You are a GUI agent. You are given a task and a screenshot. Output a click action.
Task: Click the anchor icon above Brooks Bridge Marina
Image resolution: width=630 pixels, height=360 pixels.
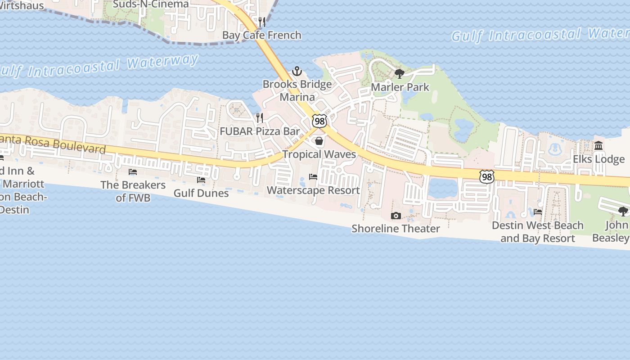pos(297,71)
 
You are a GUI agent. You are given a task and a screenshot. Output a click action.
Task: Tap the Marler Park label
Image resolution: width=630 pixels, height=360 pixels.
pos(400,87)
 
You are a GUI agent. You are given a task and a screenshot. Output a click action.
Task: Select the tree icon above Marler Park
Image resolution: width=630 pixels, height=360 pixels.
pos(399,74)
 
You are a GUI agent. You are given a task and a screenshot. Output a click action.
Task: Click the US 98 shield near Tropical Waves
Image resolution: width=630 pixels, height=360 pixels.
pos(319,121)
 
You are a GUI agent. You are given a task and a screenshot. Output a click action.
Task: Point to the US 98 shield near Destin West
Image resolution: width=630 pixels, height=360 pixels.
pos(486,177)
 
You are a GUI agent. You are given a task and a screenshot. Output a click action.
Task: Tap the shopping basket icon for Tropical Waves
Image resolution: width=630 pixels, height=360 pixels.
pos(319,141)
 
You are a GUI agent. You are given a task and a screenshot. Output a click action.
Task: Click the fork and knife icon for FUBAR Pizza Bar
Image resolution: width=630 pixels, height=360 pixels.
pos(260,118)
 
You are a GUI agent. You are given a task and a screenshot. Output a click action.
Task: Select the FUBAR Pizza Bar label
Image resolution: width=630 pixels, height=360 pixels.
pos(260,131)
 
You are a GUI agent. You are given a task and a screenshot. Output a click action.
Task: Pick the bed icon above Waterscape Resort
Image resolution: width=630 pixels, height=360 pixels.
pos(313,177)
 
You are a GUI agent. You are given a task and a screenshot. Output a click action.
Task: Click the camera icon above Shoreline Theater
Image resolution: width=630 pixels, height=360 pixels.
pos(396,216)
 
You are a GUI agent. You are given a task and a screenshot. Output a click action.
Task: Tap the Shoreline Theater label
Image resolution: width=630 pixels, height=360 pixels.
pos(396,229)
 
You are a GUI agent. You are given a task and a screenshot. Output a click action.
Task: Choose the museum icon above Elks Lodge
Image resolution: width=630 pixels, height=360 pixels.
pos(598,146)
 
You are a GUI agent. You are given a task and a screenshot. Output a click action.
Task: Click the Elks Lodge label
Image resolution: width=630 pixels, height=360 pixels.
pos(598,159)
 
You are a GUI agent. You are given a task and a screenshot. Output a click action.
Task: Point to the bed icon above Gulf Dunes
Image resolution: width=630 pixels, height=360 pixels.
pos(201,180)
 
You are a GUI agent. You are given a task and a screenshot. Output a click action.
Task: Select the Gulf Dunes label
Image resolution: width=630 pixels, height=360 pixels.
pos(201,193)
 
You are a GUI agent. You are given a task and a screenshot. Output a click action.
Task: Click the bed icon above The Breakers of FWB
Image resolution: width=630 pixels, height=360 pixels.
pos(133,172)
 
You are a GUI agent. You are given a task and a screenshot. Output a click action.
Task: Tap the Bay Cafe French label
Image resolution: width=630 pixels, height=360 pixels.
pos(262,35)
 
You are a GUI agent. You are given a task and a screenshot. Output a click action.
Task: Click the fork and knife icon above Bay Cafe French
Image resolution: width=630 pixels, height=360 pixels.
pos(262,22)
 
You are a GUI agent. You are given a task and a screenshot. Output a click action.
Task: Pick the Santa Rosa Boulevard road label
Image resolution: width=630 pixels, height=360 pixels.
pos(54,144)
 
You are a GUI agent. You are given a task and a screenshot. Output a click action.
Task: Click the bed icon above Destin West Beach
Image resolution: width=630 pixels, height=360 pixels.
pos(538,212)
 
